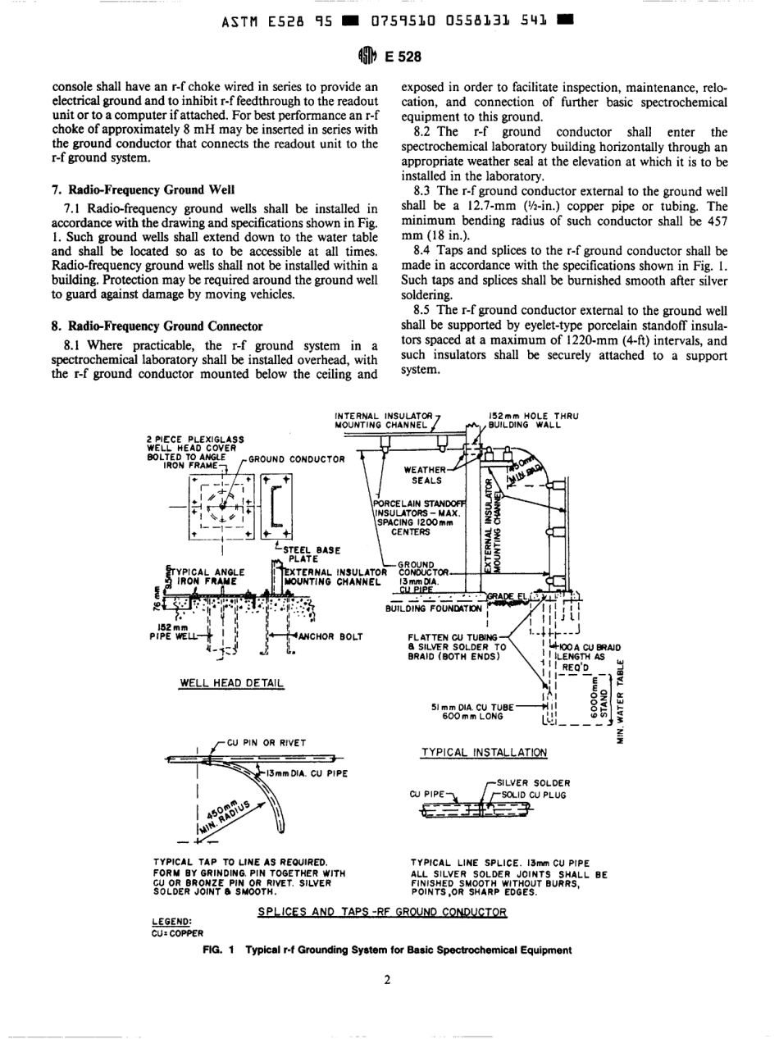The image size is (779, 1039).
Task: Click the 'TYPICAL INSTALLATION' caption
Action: pyautogui.click(x=483, y=750)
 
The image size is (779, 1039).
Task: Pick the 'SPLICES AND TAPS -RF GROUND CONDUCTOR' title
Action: pyautogui.click(x=383, y=911)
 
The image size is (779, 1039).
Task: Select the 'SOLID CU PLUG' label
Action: pyautogui.click(x=529, y=795)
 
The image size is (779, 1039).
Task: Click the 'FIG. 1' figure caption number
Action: pyautogui.click(x=220, y=950)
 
